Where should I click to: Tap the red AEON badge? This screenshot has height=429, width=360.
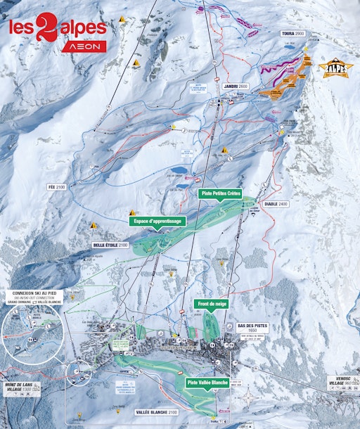[86, 46]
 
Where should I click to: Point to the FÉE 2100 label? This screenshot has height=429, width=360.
[56, 187]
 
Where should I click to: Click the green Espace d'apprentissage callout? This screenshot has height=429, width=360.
[157, 221]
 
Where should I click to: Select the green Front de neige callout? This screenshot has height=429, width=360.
[212, 304]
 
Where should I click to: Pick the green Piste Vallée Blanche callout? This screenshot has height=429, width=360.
[207, 383]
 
